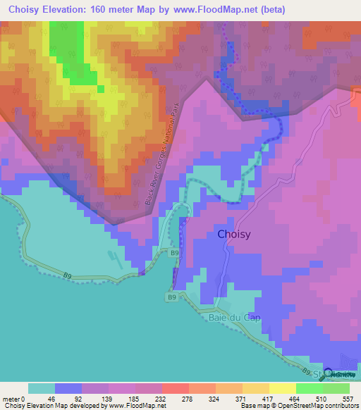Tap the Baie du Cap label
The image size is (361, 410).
point(235,318)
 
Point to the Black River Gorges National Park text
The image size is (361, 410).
point(158,156)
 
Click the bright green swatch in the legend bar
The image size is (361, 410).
point(309,388)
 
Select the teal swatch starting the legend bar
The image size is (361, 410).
point(42,388)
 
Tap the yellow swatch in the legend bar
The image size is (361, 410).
point(283,388)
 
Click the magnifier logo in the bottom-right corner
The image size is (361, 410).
point(329,374)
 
